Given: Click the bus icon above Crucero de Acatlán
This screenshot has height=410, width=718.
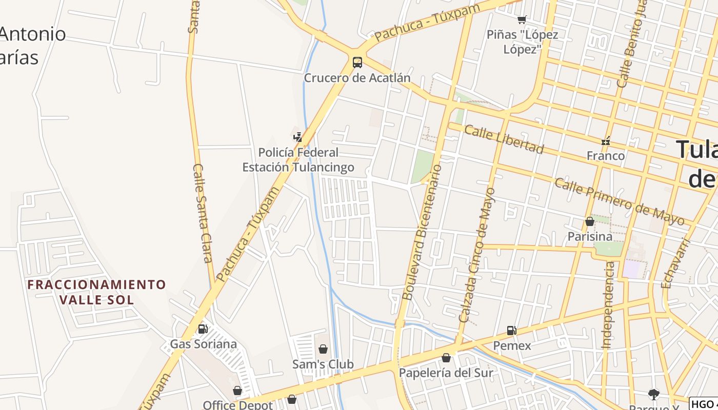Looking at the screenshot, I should point(357,63).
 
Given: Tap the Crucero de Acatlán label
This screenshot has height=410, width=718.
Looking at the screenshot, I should point(357,78).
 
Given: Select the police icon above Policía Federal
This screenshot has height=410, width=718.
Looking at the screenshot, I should point(298,137).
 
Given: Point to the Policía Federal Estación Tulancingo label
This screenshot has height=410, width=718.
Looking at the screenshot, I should point(298,160).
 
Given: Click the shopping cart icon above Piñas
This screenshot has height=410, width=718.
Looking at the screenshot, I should point(522,20).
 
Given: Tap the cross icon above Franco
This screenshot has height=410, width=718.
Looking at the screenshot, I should point(606,141).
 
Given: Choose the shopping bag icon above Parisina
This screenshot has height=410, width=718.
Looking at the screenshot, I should point(590,222).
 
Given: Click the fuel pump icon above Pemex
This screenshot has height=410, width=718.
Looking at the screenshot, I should point(511,331).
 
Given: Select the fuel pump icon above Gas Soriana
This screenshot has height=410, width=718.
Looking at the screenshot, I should point(203,329).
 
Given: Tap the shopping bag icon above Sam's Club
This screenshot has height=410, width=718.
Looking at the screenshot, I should point(323,350).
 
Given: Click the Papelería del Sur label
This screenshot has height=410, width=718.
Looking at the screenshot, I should point(446,373).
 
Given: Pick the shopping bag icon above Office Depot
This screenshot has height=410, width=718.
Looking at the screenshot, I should point(237,391).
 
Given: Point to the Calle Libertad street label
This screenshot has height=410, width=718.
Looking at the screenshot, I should point(504,139).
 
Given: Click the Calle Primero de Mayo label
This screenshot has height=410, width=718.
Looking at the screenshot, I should point(620,202).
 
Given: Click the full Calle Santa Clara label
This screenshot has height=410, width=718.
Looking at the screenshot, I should point(203,213).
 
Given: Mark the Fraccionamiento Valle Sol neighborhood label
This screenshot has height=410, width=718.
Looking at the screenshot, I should point(97,292).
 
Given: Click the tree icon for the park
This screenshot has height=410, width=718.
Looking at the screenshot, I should point(653,394).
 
